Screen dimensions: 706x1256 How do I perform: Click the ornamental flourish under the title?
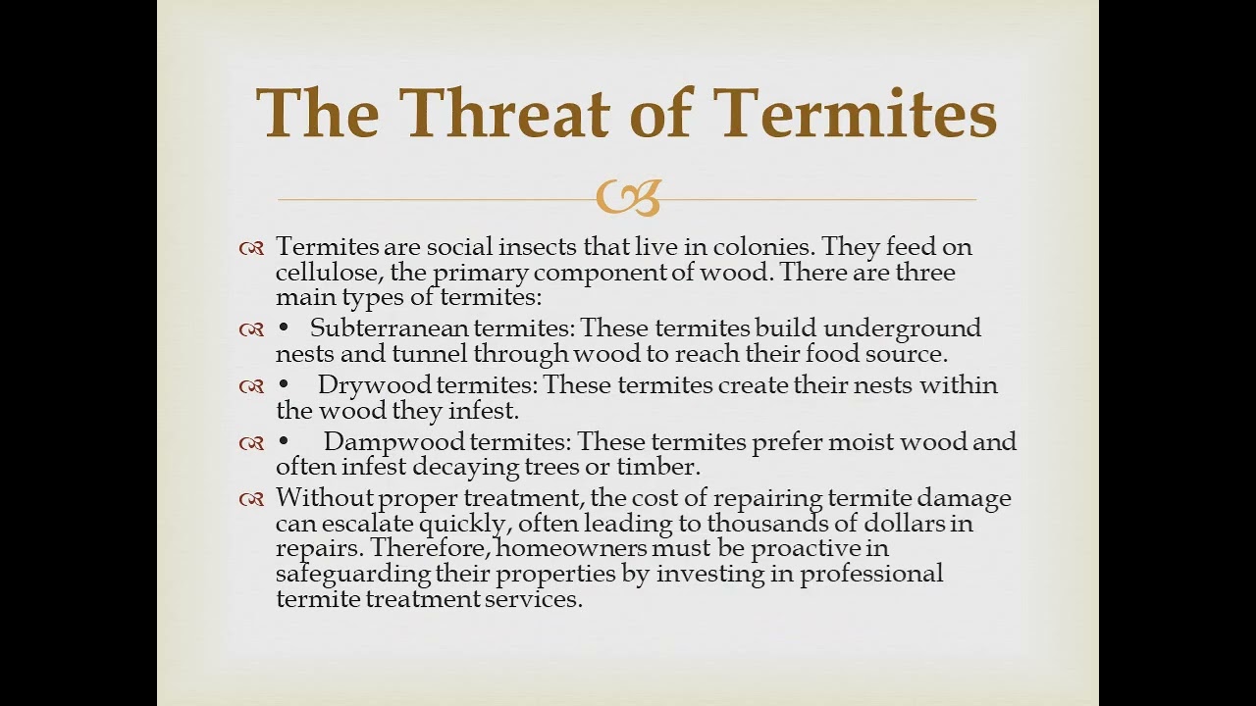click(x=628, y=197)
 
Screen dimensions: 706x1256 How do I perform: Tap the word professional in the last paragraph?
click(x=871, y=574)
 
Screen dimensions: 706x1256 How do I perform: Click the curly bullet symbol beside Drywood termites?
click(x=251, y=386)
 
